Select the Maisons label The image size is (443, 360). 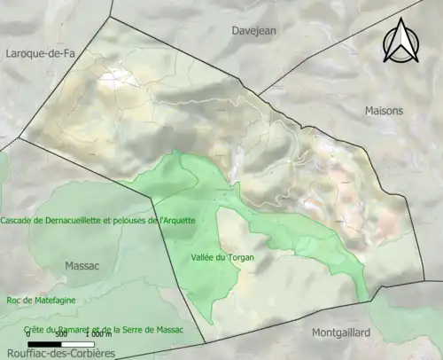point(384,111)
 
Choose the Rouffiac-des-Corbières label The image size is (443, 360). point(58,353)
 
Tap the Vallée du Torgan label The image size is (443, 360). point(218,257)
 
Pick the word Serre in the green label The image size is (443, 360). point(142,330)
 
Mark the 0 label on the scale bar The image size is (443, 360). point(27,335)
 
